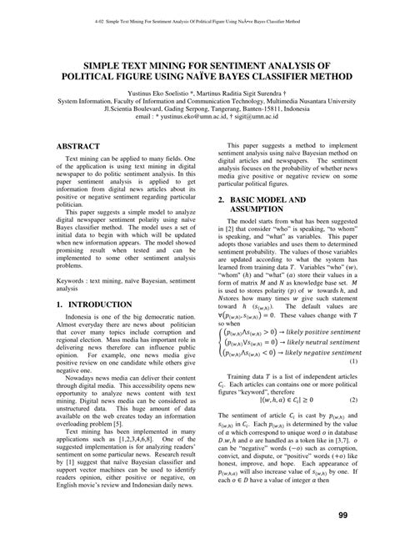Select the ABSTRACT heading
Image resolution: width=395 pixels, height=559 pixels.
click(85, 146)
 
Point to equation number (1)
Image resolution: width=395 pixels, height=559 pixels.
click(353, 361)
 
